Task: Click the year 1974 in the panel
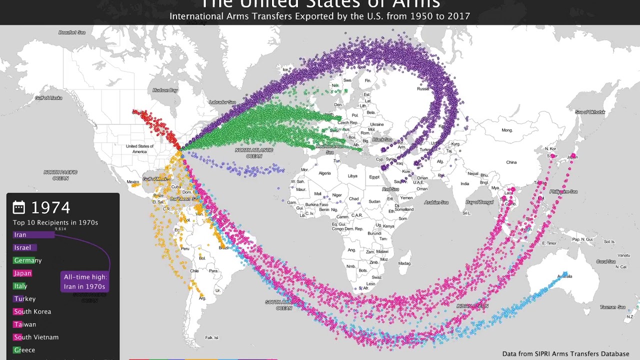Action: coord(50,207)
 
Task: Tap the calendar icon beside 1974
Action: coord(19,207)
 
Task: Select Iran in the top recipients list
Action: coord(20,234)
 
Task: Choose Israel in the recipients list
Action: coord(22,247)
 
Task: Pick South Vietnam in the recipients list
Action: coord(36,337)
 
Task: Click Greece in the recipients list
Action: coord(24,350)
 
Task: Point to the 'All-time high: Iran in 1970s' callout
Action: coord(85,281)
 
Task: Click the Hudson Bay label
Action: coord(165,90)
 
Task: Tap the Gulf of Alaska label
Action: coord(48,98)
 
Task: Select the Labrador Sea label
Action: coord(222,102)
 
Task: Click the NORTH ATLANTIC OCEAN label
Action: coord(254,153)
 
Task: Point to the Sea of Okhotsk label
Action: coord(590,112)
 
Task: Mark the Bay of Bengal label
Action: coord(479,202)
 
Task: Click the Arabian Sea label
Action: coord(436,202)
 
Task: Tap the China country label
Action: coord(511,162)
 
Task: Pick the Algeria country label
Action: coord(324,173)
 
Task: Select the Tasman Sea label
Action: coord(612,307)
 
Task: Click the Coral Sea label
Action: coord(605,261)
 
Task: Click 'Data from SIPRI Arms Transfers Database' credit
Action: coord(565,354)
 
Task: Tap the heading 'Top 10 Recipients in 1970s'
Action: coord(55,222)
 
